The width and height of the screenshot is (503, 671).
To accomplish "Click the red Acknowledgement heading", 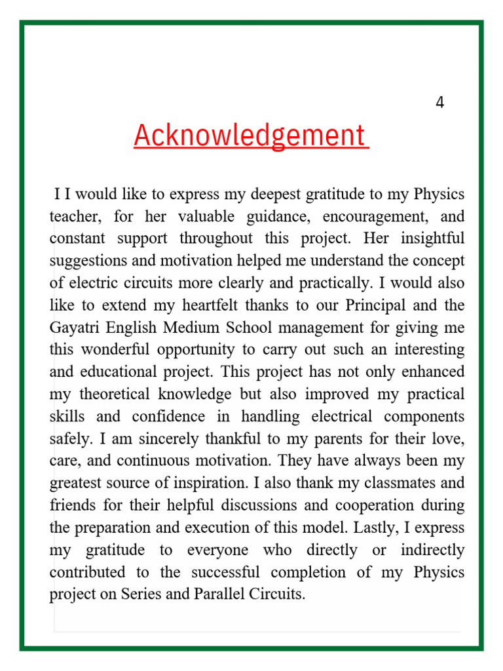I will [251, 136].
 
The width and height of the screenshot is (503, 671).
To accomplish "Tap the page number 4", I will [439, 102].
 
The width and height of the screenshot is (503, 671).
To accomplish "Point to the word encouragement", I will [375, 216].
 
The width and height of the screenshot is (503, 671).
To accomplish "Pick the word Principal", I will [376, 305].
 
